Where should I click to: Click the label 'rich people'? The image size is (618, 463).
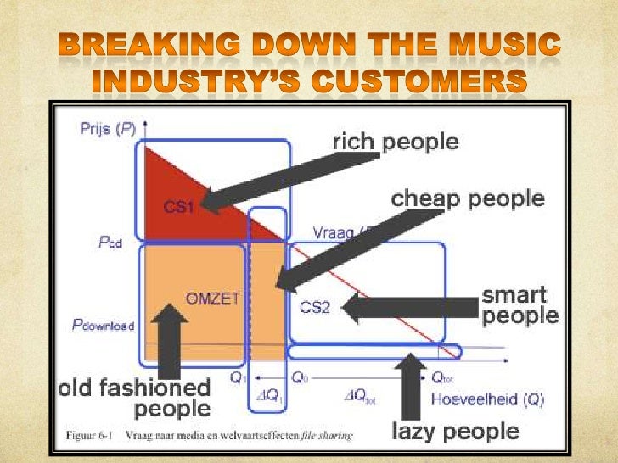pyautogui.click(x=395, y=142)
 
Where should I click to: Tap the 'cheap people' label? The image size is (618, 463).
pyautogui.click(x=467, y=200)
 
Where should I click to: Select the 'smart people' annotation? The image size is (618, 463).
pyautogui.click(x=520, y=306)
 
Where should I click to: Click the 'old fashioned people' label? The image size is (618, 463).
pyautogui.click(x=134, y=399)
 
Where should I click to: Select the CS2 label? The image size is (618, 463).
pyautogui.click(x=314, y=307)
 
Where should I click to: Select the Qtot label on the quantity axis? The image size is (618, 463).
pyautogui.click(x=442, y=378)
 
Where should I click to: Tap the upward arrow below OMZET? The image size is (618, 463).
pyautogui.click(x=170, y=339)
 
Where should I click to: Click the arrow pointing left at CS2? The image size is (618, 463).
pyautogui.click(x=407, y=307)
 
